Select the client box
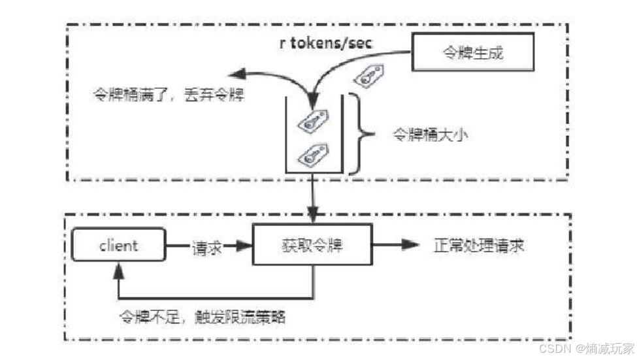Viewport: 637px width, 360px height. [x=119, y=246]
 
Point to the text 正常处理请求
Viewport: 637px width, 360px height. [x=479, y=246]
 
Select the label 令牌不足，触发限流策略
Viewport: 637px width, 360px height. [x=202, y=317]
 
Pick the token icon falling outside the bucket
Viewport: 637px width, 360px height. [x=367, y=77]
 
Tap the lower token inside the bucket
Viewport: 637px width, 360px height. [x=312, y=154]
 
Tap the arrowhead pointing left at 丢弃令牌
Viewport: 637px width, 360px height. [x=236, y=73]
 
